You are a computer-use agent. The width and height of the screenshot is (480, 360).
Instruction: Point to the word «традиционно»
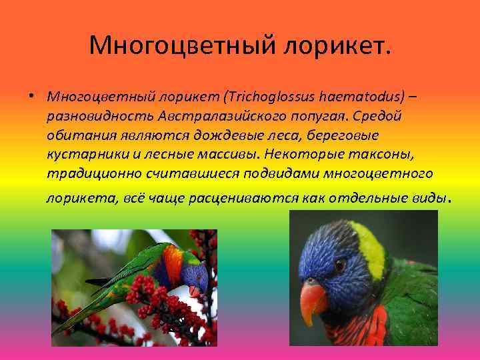(87, 174)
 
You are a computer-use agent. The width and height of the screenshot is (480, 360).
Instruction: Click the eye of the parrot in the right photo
(341, 265)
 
